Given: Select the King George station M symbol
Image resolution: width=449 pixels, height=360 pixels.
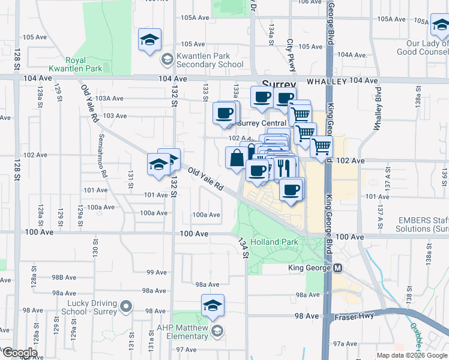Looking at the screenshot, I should point(337,268).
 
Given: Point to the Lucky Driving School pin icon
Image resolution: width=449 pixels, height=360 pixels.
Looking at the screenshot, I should point(125,307).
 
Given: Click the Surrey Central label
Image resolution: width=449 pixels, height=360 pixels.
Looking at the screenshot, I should point(262,123).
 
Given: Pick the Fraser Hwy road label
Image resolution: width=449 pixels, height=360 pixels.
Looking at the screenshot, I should point(361,316).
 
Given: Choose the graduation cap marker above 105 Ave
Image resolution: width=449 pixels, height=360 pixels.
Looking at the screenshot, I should point(149,40).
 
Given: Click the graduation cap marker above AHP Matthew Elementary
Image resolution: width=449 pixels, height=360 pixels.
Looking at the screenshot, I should point(212,306).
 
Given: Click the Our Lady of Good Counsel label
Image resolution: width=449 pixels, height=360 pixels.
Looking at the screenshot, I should point(427,48).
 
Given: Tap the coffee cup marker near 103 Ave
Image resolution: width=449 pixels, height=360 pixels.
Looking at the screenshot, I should point(225,113).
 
